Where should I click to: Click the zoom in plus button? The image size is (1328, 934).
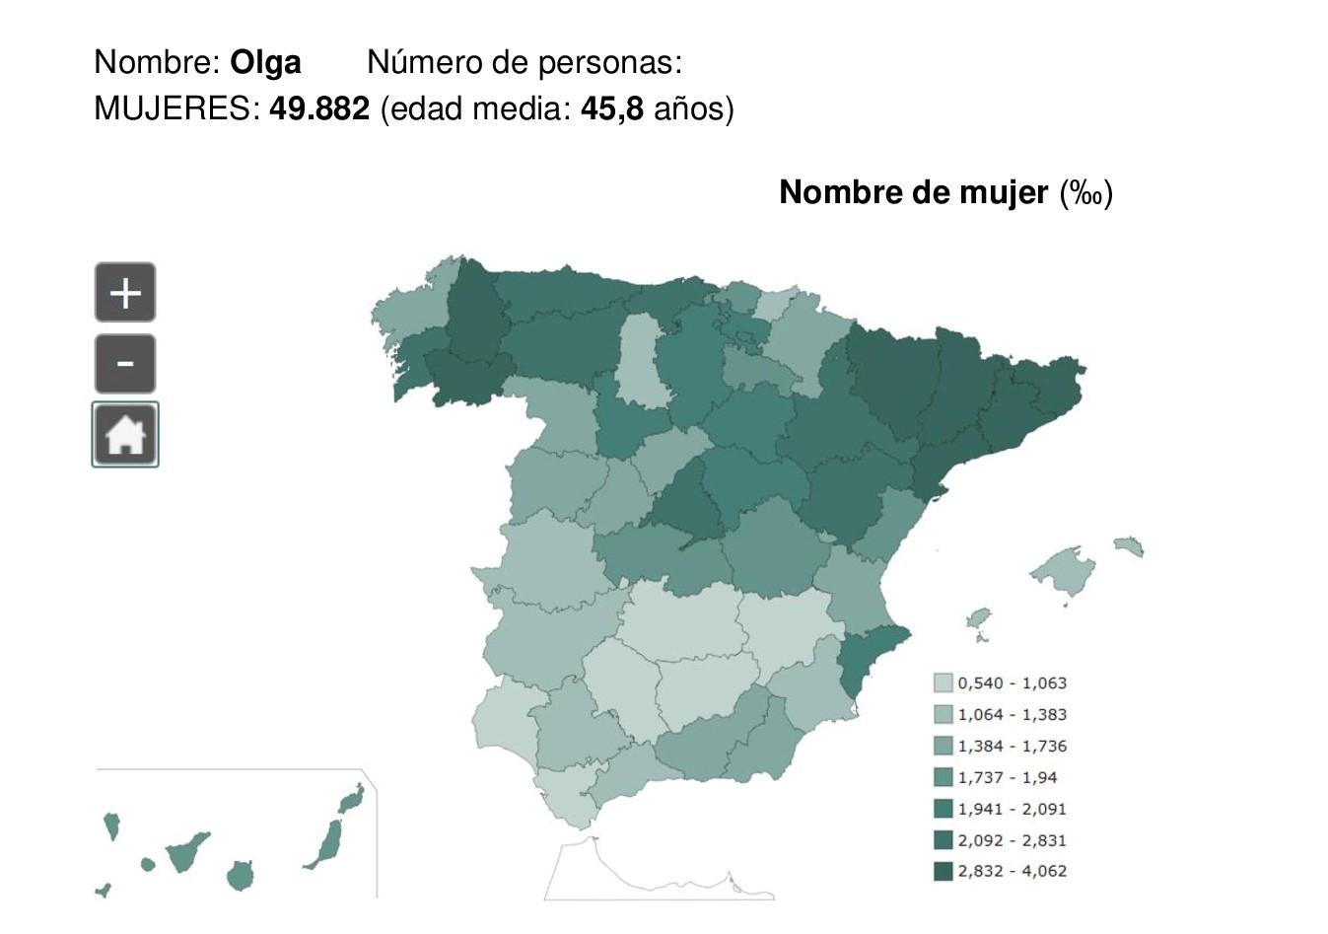click(x=125, y=293)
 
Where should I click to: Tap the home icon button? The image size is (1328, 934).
click(x=125, y=435)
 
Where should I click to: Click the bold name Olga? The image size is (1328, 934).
click(x=265, y=62)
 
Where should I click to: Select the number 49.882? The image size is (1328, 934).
click(x=319, y=108)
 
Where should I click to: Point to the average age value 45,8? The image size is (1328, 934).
click(x=611, y=108)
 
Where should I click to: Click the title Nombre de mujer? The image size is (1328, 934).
click(x=913, y=192)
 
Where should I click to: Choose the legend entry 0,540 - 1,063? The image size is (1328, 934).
click(x=1012, y=683)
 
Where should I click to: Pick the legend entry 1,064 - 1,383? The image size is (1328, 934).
click(x=1012, y=714)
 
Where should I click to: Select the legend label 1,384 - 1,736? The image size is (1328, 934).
click(x=1012, y=746)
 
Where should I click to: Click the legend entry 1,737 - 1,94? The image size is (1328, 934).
click(x=1007, y=777)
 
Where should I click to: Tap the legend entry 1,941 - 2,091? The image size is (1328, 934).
click(x=1012, y=809)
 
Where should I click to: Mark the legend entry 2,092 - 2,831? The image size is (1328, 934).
click(x=1012, y=840)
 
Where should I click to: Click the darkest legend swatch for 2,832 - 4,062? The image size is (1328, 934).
click(x=944, y=871)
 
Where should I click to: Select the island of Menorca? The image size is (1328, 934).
click(x=1128, y=545)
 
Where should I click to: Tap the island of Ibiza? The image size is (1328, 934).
click(x=978, y=618)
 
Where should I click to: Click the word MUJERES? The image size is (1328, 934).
click(x=175, y=108)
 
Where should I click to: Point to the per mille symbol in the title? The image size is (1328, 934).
click(x=1086, y=193)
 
